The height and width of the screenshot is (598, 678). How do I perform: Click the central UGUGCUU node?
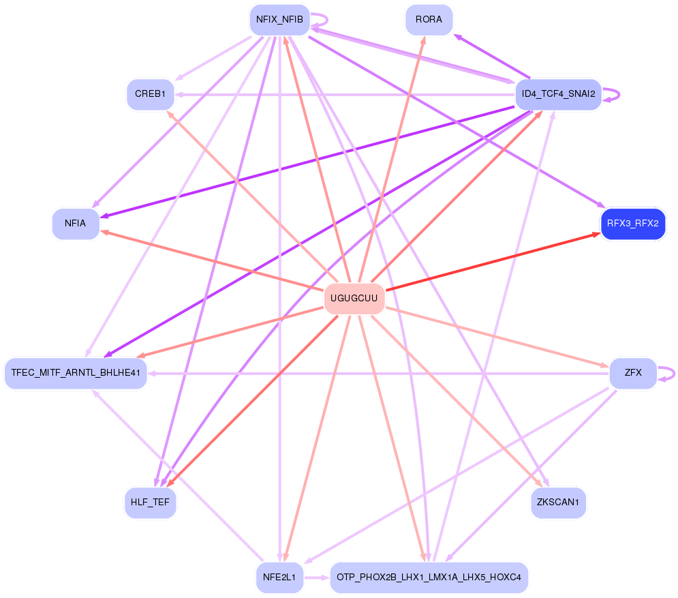click(354, 298)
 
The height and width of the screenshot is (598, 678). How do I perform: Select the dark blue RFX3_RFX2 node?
click(632, 224)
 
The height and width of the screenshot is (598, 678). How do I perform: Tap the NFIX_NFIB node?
click(279, 19)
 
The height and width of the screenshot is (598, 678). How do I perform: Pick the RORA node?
click(429, 19)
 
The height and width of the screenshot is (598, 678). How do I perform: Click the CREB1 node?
click(150, 94)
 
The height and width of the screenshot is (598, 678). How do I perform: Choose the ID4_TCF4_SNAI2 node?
click(558, 94)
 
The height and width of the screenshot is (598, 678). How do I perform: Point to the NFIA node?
click(76, 224)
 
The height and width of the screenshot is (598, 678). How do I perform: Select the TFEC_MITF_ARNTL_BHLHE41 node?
click(76, 373)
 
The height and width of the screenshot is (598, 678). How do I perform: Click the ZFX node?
click(632, 373)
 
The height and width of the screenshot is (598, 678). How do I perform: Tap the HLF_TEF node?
click(150, 503)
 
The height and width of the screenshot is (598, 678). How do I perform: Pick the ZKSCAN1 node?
click(558, 503)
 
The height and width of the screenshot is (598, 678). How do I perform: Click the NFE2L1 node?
click(279, 578)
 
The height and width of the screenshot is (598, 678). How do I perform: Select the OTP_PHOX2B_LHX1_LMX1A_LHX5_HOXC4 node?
click(429, 578)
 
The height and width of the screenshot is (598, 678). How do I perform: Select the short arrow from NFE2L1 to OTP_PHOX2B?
click(316, 578)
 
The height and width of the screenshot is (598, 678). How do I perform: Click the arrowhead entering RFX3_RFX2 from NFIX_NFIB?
click(600, 205)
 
